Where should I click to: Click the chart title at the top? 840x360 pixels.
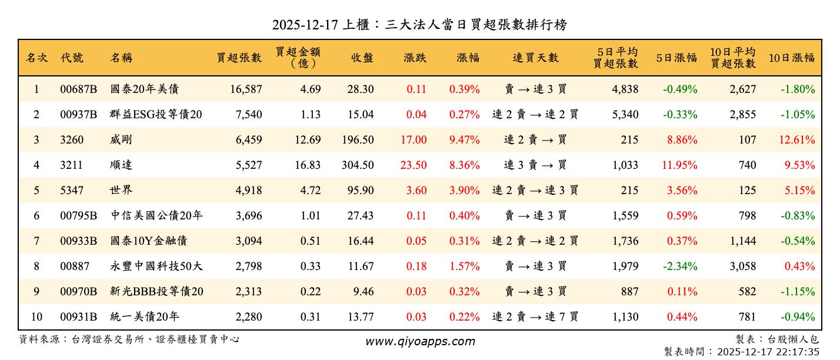(419, 25)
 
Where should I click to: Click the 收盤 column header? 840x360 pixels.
(362, 58)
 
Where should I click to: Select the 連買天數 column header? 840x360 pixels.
(535, 58)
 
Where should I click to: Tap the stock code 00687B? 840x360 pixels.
(78, 89)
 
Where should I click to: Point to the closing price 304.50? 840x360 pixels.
(358, 165)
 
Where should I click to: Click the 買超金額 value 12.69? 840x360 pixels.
(308, 140)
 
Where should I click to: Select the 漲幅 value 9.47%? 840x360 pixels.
(464, 140)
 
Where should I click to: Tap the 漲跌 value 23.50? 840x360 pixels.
(414, 165)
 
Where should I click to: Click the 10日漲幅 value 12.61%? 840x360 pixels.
(799, 140)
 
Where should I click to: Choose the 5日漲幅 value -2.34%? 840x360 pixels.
(680, 266)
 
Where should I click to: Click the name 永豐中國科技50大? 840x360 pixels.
(156, 266)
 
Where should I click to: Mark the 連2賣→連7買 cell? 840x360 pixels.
(535, 317)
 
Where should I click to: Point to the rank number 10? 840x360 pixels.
(36, 317)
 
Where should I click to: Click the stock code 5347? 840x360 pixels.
(72, 191)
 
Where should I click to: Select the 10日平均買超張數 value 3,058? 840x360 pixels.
(743, 266)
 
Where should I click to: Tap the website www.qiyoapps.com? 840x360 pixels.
(420, 342)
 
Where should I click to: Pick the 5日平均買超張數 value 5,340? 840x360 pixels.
(625, 115)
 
